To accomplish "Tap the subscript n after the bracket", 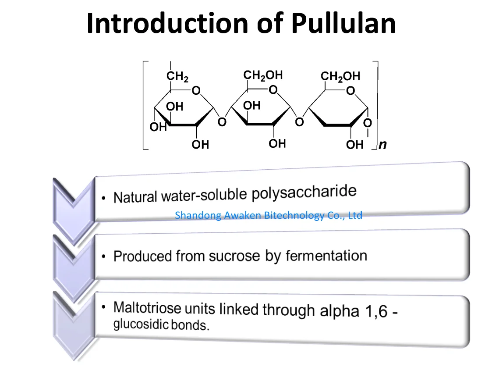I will click(383, 145).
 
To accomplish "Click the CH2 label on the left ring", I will click(177, 77).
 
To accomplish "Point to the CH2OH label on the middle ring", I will click(263, 75).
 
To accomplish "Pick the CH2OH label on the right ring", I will click(340, 77).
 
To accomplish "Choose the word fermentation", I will click(326, 255).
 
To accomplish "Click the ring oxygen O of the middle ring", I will click(273, 90).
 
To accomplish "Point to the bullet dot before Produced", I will click(104, 257).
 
